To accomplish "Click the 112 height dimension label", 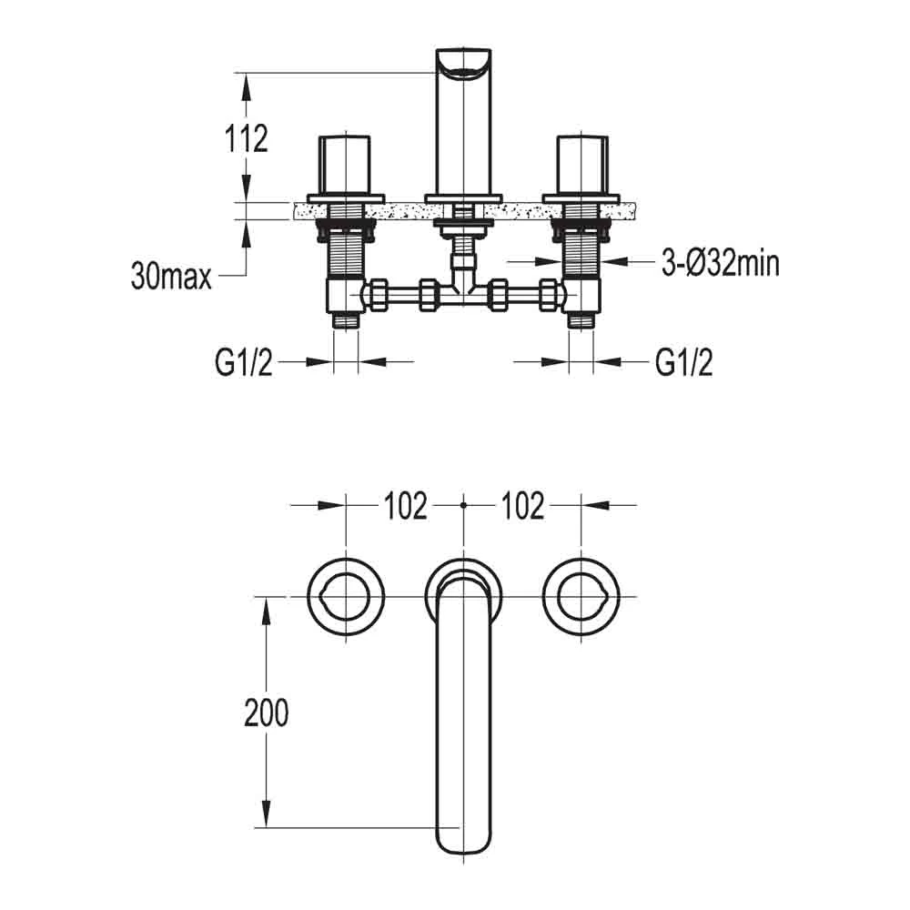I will (247, 139).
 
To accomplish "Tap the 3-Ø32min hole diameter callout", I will (719, 264).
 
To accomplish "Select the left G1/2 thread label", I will (243, 363).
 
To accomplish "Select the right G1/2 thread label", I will (683, 363).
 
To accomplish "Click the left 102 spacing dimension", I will (404, 506).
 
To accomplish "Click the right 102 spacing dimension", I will (521, 506).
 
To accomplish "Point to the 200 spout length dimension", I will (266, 713).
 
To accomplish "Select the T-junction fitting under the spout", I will (464, 293).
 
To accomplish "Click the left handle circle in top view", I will (346, 597).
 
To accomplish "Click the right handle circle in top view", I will (581, 597).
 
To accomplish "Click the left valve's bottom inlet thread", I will (347, 320).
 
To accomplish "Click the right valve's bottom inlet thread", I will (581, 320).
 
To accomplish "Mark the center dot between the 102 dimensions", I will (464, 503).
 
